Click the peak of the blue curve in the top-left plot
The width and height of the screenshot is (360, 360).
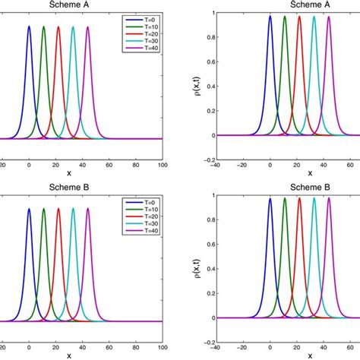click(x=29, y=26)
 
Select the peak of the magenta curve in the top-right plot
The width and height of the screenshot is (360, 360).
click(x=329, y=17)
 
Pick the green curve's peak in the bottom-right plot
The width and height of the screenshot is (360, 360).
click(x=285, y=199)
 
